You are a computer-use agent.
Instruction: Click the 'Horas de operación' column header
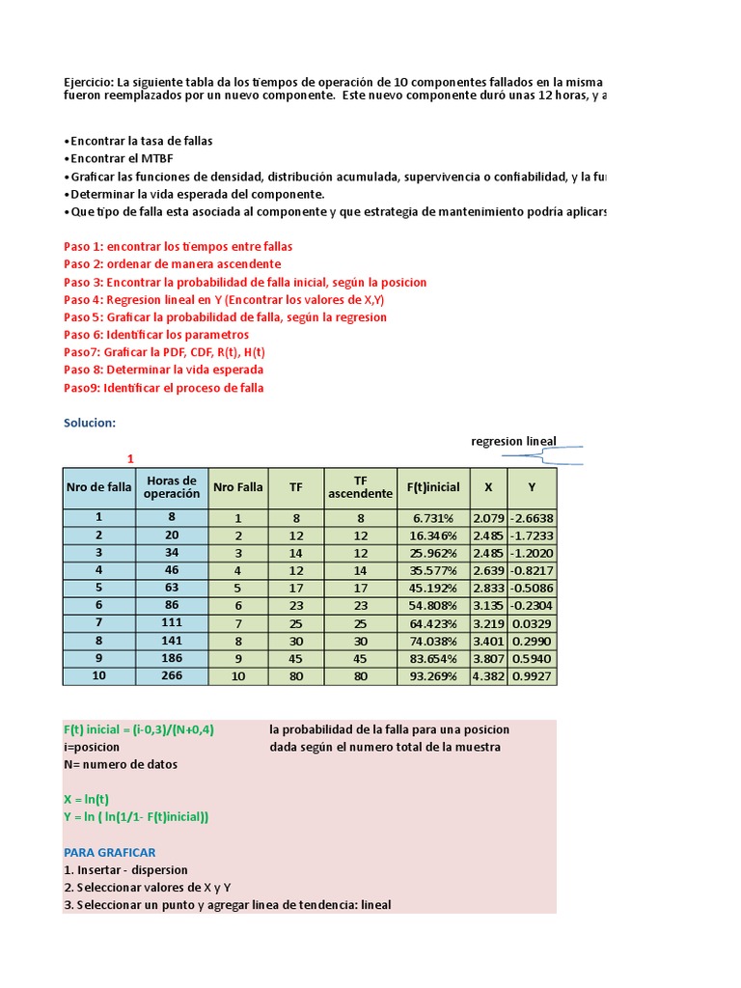171,487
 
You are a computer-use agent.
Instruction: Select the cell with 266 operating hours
171,675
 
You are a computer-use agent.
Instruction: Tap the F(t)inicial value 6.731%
433,517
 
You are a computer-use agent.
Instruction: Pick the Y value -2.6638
532,517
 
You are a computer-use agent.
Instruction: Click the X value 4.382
487,675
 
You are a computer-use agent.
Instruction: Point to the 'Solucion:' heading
90,423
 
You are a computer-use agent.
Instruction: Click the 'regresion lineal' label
513,441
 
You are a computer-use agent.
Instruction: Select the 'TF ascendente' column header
360,487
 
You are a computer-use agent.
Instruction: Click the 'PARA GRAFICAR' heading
109,852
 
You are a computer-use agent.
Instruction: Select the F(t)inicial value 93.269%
433,675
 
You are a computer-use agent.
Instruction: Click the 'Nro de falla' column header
98,487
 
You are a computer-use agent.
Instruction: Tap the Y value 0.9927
532,675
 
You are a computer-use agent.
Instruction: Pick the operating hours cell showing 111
171,622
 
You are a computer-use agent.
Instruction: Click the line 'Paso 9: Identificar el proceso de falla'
163,387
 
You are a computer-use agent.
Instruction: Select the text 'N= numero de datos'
121,764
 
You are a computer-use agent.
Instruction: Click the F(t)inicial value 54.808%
433,605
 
